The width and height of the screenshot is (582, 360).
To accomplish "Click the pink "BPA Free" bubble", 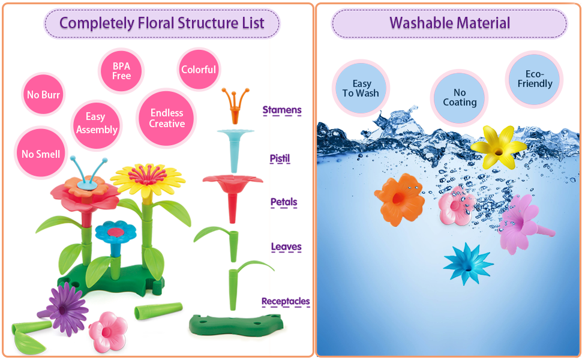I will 121,71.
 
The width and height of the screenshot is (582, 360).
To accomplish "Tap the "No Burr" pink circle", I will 43,95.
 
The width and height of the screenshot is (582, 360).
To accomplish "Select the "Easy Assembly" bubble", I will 97,123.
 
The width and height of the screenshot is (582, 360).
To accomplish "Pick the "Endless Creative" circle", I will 167,118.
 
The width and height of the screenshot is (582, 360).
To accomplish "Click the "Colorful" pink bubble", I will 199,70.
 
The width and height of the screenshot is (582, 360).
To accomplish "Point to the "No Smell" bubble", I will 41,154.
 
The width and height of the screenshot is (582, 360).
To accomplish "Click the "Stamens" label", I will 282,110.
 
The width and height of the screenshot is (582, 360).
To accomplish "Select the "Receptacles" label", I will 286,301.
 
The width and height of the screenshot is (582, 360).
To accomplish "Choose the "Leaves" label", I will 286,247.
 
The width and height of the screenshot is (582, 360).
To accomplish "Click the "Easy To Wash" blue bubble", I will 361,88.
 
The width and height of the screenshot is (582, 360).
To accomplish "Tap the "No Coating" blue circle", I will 460,97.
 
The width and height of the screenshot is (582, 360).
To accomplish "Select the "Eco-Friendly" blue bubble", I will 535,79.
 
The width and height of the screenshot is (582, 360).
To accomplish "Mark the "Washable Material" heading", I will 449,23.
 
